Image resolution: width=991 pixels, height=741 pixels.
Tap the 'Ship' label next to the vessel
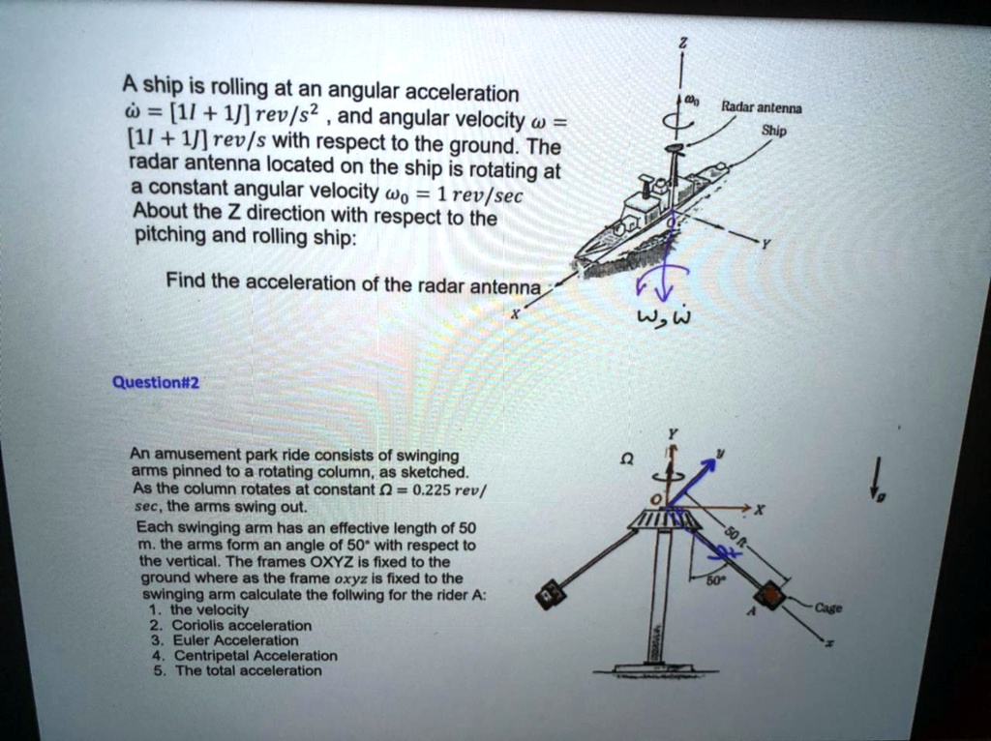[773, 130]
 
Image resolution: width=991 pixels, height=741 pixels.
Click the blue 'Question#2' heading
[156, 381]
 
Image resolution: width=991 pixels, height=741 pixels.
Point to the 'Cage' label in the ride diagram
[828, 608]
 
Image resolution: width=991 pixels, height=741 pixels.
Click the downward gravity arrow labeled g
[876, 477]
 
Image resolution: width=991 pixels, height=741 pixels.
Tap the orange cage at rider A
[770, 595]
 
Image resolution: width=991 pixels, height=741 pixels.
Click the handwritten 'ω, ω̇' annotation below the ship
[661, 318]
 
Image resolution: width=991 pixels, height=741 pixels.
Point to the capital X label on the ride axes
[760, 510]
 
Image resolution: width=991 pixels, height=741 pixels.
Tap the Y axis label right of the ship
[765, 245]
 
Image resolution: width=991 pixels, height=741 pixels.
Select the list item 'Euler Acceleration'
[234, 640]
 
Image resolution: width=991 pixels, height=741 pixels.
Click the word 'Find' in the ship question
[186, 282]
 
